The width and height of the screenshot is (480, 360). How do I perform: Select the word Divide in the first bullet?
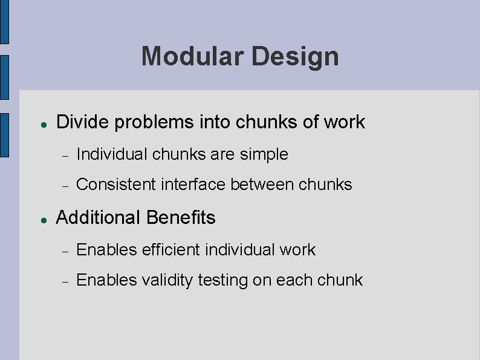coord(82,122)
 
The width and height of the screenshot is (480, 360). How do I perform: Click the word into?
coord(215,122)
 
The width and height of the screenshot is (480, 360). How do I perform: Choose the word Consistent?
coord(115,185)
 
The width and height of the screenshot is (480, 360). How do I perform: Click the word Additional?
coord(99,218)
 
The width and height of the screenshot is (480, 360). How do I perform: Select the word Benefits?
coord(181,218)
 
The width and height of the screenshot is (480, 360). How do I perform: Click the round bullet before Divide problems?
coord(44,123)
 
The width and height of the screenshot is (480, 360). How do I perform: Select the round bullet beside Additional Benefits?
coord(44,219)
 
